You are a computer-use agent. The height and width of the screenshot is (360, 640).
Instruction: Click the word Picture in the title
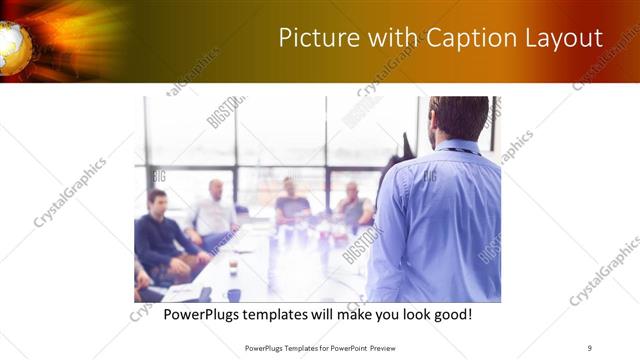313,38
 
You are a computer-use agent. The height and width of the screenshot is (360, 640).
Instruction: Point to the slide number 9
590,347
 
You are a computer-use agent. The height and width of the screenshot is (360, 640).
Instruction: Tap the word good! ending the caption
449,314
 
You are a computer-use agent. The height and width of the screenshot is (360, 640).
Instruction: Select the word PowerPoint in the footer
355,347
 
